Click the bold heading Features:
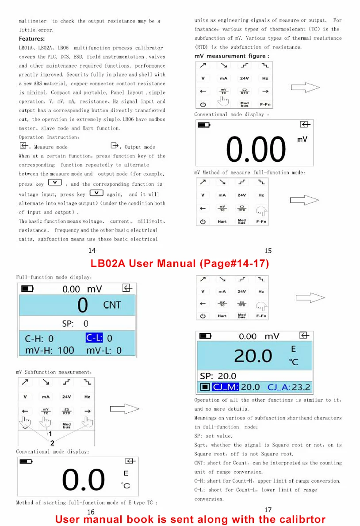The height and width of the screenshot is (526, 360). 31,38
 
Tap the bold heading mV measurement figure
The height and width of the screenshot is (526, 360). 231,56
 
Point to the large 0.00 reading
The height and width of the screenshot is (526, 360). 256,149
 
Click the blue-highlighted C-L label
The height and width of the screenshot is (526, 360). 94,337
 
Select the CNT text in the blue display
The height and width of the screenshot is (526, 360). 112,305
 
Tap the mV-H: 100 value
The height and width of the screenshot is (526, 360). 50,351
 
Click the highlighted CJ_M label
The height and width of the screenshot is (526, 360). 225,387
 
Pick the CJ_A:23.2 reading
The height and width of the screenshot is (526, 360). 289,387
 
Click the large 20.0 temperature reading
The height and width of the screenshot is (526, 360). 253,356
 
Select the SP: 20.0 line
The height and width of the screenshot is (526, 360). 218,376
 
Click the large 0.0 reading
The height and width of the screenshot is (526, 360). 84,480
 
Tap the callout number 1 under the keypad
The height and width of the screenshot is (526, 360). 50,434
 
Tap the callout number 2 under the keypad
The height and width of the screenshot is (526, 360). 52,443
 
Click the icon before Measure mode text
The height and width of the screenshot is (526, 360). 23,145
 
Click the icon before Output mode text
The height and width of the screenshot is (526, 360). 115,145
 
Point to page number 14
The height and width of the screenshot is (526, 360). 92,251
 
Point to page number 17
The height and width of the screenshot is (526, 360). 268,510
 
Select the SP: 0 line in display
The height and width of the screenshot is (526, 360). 75,324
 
